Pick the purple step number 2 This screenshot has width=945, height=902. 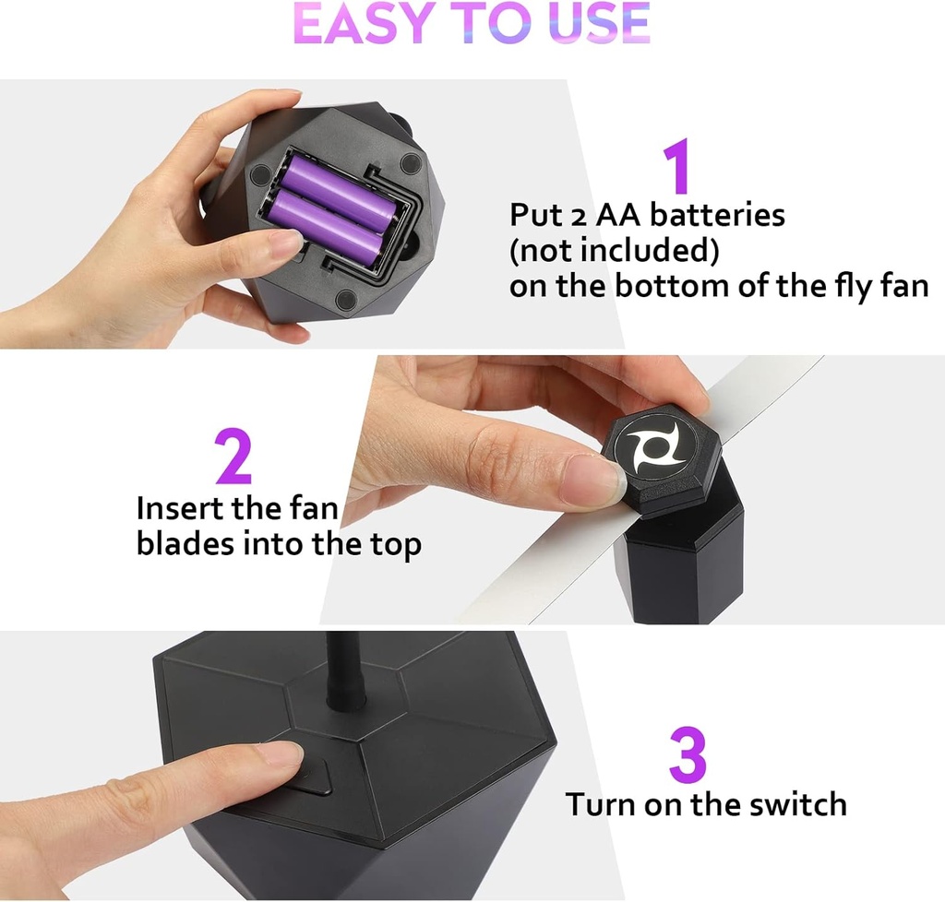click(233, 457)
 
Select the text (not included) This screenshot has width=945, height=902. click(614, 250)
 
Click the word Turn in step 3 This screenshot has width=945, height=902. click(601, 803)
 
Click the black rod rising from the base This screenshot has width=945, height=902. click(346, 677)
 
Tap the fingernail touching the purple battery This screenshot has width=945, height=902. click(285, 241)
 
